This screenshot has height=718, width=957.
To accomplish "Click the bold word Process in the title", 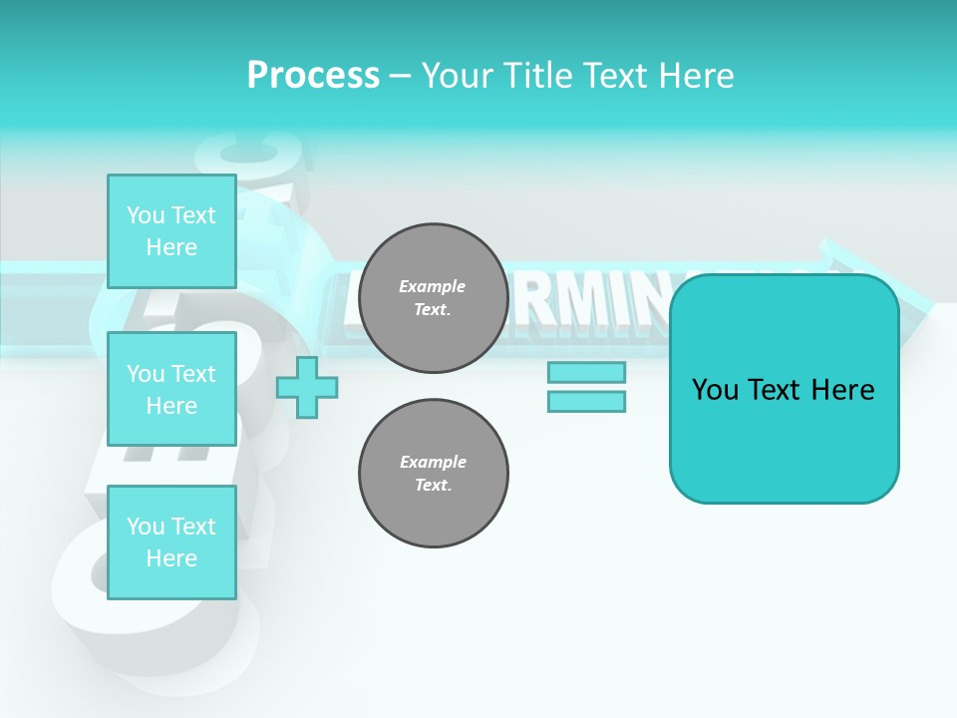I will (x=313, y=76).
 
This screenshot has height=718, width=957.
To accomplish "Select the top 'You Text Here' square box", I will (x=171, y=231).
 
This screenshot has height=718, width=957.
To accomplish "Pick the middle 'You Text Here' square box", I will (x=171, y=389).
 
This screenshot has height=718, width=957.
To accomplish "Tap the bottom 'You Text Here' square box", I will (x=171, y=542).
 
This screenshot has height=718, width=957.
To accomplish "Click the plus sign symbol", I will (x=307, y=387).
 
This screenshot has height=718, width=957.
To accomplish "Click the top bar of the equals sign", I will (x=586, y=373).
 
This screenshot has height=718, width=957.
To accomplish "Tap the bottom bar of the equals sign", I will (x=586, y=401).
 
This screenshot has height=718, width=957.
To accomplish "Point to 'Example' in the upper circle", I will (x=433, y=286).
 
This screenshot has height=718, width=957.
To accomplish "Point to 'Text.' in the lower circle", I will (x=433, y=486).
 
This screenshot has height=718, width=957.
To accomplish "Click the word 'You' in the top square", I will (x=145, y=215).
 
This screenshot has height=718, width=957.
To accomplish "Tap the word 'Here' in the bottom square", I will (x=171, y=558).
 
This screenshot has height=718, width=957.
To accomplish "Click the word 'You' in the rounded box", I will (x=715, y=390).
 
